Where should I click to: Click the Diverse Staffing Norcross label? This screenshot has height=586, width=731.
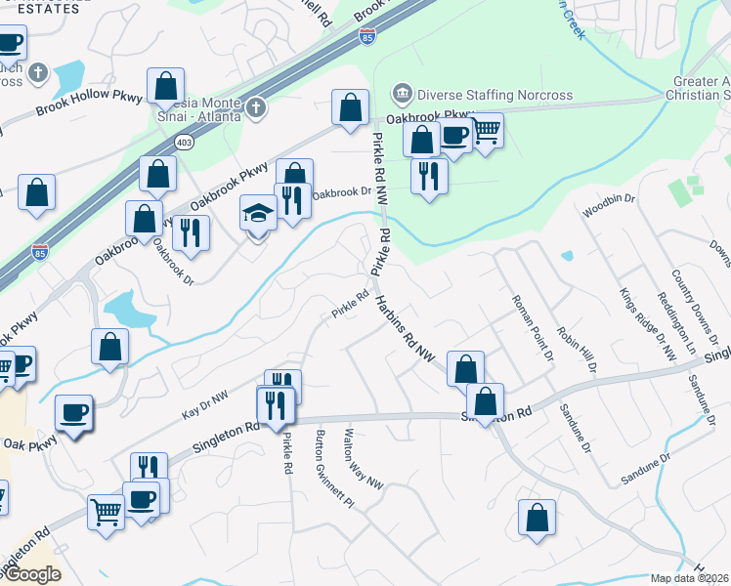[x=494, y=95]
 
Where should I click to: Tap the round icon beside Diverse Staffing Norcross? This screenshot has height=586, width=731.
[x=402, y=95]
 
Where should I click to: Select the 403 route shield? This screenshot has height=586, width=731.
[x=184, y=143]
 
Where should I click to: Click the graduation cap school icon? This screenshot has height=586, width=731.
[x=256, y=212]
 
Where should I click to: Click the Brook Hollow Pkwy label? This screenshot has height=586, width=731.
[x=89, y=105]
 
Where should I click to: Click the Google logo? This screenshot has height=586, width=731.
[x=31, y=574]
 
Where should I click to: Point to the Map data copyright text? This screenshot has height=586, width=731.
[x=690, y=578]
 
